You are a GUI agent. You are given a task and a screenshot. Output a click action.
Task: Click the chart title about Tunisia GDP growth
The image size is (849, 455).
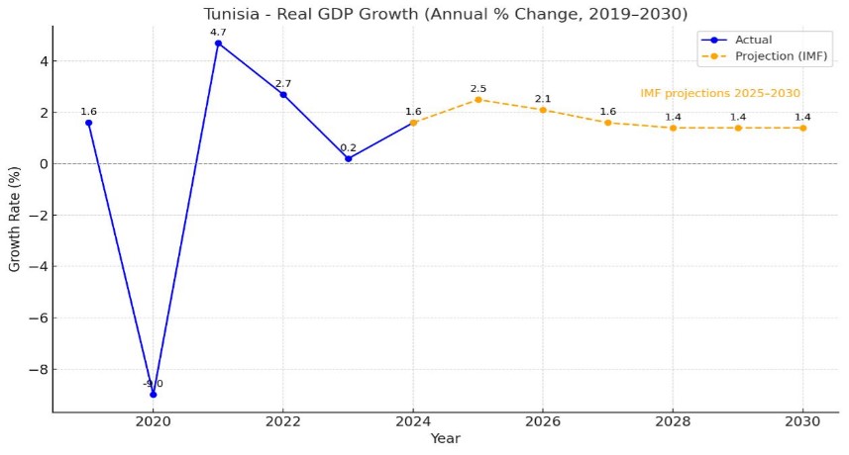(445, 13)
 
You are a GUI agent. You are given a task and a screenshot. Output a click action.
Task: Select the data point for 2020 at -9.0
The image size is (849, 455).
(154, 394)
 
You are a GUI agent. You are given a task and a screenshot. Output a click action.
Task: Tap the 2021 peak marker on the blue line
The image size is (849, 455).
(218, 44)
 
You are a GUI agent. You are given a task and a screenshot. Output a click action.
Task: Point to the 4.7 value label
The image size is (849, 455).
(218, 33)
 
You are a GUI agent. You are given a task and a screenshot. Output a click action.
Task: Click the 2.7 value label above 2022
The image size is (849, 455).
(283, 84)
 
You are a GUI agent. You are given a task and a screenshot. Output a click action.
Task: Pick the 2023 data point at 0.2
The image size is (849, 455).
(348, 158)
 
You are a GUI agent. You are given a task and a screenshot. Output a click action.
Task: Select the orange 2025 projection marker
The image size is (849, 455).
(478, 99)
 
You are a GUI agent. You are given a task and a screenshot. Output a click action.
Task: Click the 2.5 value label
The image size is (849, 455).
(478, 89)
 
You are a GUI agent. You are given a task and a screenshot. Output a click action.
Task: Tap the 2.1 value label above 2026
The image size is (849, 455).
(543, 99)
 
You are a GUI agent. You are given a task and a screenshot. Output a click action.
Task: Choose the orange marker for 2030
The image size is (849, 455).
(802, 128)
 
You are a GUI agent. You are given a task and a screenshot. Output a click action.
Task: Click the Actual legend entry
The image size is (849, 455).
(753, 40)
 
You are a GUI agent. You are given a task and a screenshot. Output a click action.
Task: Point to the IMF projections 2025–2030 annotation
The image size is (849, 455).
(720, 93)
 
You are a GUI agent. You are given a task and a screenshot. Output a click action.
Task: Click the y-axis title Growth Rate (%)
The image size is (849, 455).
(14, 220)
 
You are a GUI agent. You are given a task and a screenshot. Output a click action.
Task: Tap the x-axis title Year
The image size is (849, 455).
(445, 438)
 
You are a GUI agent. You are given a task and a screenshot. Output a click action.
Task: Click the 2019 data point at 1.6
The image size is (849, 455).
(89, 123)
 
